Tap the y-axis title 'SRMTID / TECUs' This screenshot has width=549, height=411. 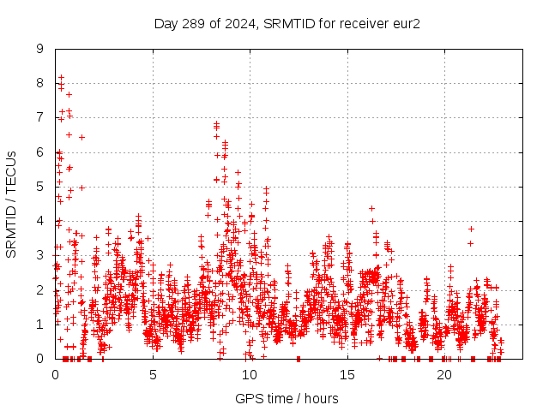[11, 204]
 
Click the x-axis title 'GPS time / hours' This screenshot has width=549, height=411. [287, 398]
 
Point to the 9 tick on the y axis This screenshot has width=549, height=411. [39, 49]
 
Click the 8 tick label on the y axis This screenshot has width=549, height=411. [39, 83]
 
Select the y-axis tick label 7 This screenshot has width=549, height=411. [39, 117]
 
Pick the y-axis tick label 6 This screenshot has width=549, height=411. [39, 152]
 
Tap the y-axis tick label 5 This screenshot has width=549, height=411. [39, 187]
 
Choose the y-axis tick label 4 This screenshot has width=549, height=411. [39, 221]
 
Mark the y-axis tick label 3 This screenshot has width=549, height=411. [39, 255]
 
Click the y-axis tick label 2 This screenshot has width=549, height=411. [39, 289]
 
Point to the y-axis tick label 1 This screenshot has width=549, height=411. [39, 324]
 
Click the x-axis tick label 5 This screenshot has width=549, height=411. [153, 374]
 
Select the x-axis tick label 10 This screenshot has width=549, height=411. [250, 374]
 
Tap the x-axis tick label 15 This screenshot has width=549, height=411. [347, 374]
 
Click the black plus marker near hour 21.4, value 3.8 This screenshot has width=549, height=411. [471, 229]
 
